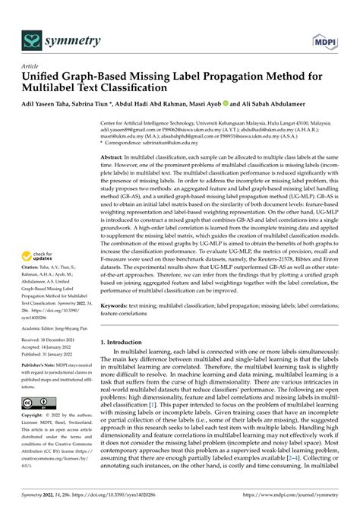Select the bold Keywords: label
[x=117, y=305]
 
